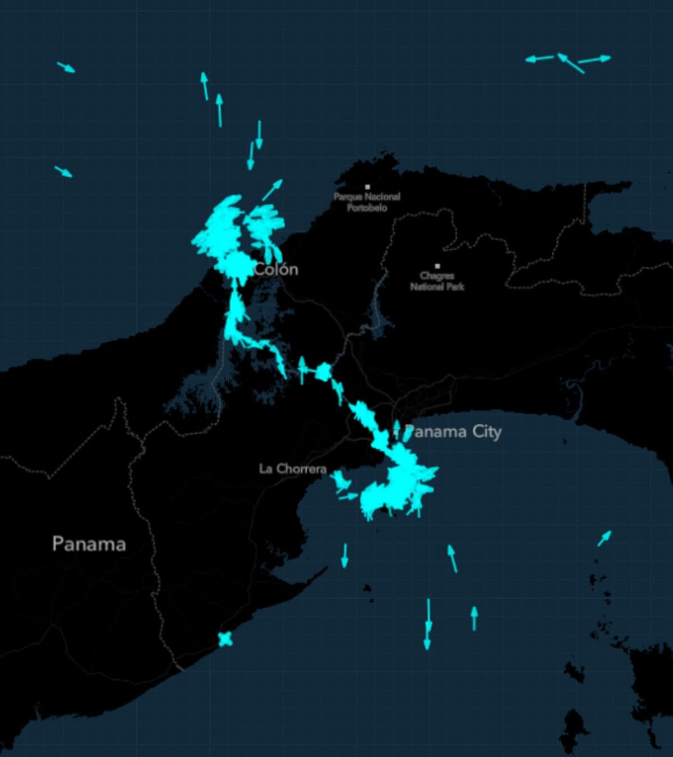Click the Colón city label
pyautogui.click(x=276, y=269)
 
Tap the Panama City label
pyautogui.click(x=453, y=432)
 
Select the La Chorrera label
pyautogui.click(x=292, y=469)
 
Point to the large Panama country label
pyautogui.click(x=89, y=544)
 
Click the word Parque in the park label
pyautogui.click(x=347, y=197)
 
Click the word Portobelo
pyautogui.click(x=367, y=208)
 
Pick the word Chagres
pyautogui.click(x=437, y=276)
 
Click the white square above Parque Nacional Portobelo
pyautogui.click(x=367, y=187)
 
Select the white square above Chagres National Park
pyautogui.click(x=437, y=266)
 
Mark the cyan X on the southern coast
pyautogui.click(x=225, y=639)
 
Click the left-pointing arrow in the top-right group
pyautogui.click(x=539, y=58)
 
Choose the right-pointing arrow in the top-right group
pyautogui.click(x=594, y=59)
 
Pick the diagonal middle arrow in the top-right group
pyautogui.click(x=570, y=63)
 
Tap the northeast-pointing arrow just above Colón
pyautogui.click(x=273, y=190)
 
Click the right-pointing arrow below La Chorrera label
pyautogui.click(x=348, y=497)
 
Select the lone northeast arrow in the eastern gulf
pyautogui.click(x=604, y=538)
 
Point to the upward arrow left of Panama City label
pyautogui.click(x=397, y=429)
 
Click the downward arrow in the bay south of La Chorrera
pyautogui.click(x=345, y=556)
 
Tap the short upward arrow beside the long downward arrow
pyautogui.click(x=474, y=618)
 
